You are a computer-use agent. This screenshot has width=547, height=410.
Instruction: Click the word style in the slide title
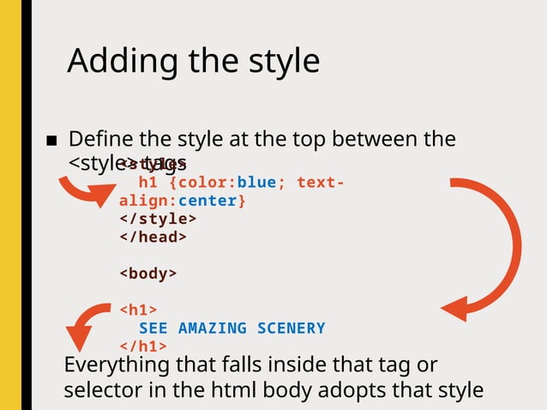click(278, 61)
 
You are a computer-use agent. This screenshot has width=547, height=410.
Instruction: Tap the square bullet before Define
click(51, 142)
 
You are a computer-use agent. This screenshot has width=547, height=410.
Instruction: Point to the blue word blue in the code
click(255, 182)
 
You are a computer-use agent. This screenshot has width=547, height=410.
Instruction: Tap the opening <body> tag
click(147, 274)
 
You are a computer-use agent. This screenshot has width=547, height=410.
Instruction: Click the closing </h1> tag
click(142, 346)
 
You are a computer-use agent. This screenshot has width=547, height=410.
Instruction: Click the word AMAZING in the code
click(212, 328)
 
